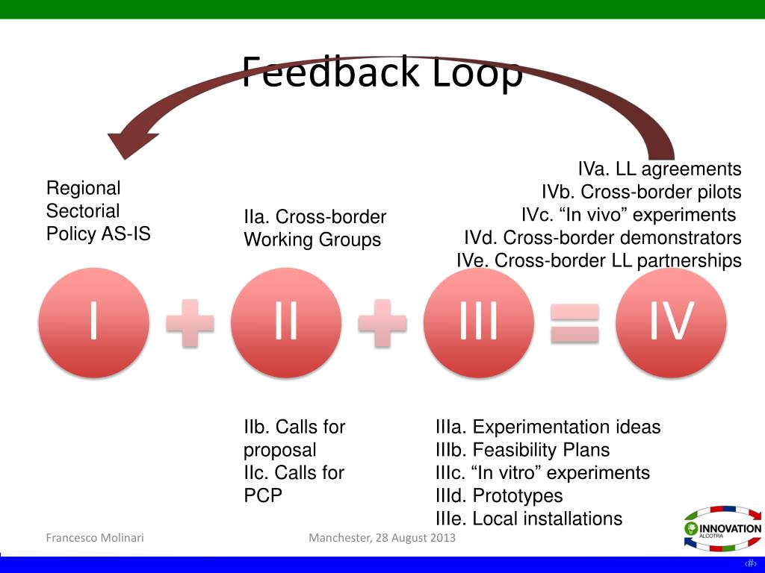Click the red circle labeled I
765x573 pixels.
tap(93, 322)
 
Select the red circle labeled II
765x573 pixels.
tap(285, 322)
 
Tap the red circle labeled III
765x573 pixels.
tap(478, 322)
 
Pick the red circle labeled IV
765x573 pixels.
tap(671, 322)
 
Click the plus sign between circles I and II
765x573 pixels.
tap(190, 322)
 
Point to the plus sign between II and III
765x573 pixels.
tap(382, 322)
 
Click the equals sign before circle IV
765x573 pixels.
tap(574, 322)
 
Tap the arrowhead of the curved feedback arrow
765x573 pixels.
tap(131, 142)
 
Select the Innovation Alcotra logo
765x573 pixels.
tap(722, 528)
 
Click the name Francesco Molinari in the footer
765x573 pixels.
tap(95, 538)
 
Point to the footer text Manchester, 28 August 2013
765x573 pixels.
tap(382, 538)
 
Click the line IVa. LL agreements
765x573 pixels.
tap(660, 169)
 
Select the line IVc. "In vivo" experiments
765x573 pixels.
tap(629, 215)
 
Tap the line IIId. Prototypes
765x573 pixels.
tap(499, 495)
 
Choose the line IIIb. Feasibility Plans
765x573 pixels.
tap(522, 450)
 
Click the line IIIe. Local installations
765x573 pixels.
tap(528, 519)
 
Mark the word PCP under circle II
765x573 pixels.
tap(262, 495)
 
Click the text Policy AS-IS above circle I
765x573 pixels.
tap(98, 234)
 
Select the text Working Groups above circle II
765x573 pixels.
tap(312, 240)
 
